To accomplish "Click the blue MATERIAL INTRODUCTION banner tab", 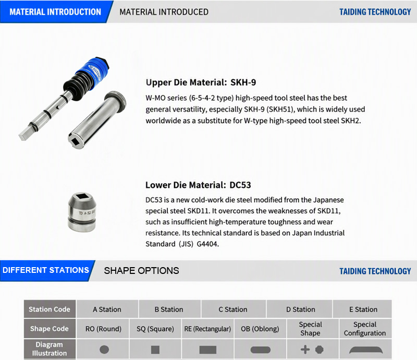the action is [x=55, y=11].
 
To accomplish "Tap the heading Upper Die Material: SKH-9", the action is [x=201, y=82].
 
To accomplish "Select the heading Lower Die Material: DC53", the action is [x=198, y=185].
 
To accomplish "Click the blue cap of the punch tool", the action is [x=92, y=70].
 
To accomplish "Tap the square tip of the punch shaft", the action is [x=24, y=135].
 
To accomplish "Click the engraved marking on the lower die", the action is [x=87, y=213].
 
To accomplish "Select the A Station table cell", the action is [x=107, y=309].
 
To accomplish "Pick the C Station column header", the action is [x=233, y=309].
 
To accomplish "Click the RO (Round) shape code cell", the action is [x=103, y=329].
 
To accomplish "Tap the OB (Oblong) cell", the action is [x=260, y=329].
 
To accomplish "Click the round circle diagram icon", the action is [x=104, y=350].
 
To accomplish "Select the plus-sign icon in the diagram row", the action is [x=305, y=350].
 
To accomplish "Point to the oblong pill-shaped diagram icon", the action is [x=260, y=350].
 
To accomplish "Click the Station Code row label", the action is [x=50, y=309].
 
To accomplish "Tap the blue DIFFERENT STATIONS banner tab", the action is [x=46, y=270].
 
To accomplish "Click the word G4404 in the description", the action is [x=207, y=244].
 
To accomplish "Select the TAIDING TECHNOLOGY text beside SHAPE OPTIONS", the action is [x=375, y=271].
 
